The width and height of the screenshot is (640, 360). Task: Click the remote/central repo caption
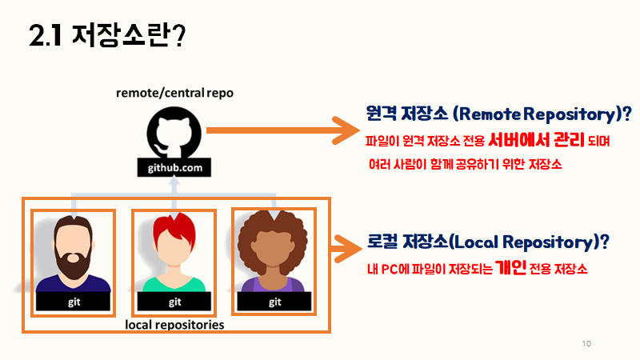tap(174, 93)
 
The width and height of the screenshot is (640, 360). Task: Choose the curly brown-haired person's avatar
tap(274, 252)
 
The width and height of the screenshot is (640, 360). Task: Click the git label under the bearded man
tap(74, 302)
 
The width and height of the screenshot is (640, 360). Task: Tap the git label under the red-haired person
tap(175, 302)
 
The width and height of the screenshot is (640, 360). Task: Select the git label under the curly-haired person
tap(275, 302)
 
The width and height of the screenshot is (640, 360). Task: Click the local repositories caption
tap(174, 326)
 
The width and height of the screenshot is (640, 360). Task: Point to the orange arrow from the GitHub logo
tap(280, 129)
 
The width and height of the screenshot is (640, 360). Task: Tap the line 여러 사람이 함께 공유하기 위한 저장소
tap(466, 166)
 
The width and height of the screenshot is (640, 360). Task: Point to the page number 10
tap(586, 344)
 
